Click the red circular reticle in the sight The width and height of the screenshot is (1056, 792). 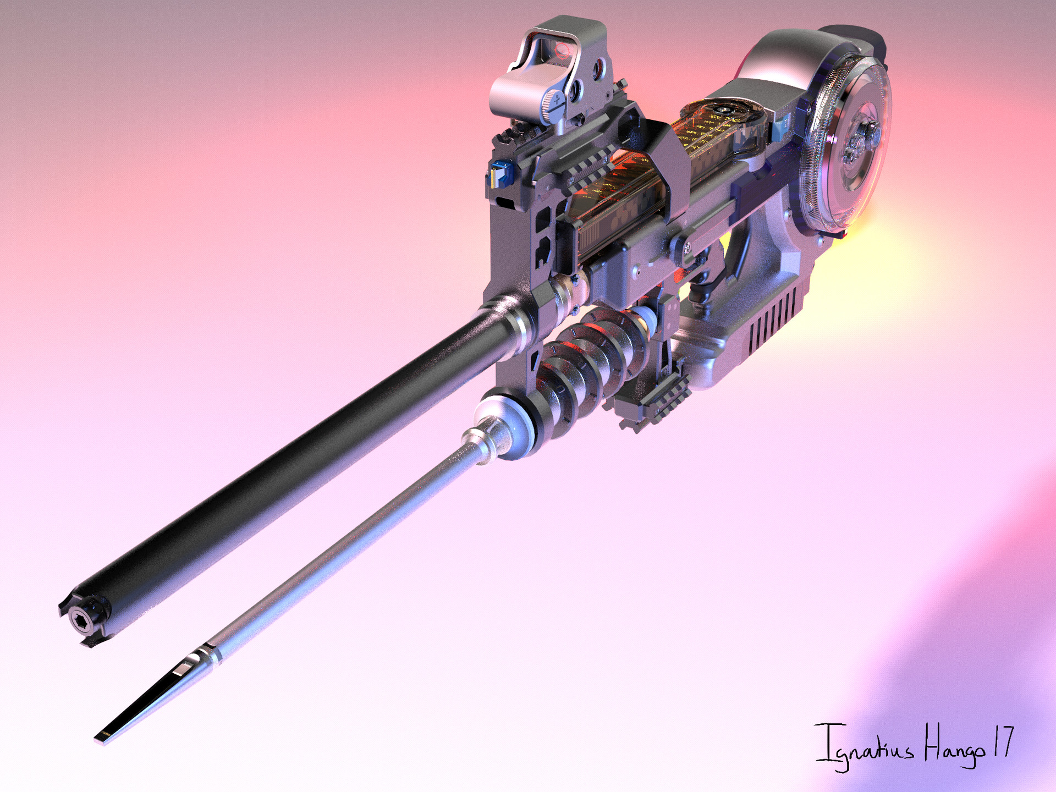(x=563, y=52)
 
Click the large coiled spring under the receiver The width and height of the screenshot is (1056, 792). (x=583, y=363)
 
